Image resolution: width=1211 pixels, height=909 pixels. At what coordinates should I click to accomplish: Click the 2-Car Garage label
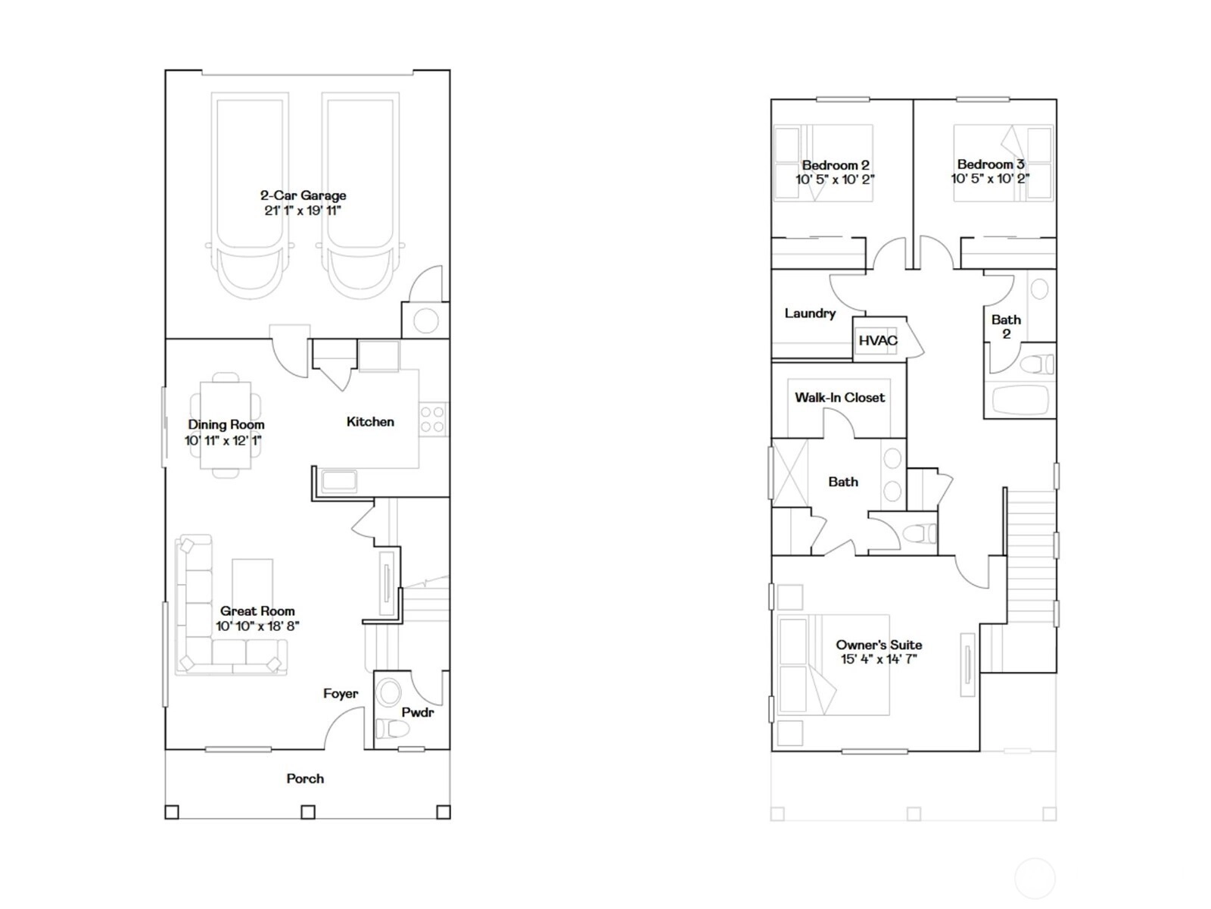303,195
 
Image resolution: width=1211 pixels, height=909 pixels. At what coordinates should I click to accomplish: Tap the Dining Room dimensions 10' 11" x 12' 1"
223,440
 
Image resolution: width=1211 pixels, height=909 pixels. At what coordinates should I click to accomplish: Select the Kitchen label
370,422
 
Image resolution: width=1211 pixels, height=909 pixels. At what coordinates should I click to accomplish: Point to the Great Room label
257,611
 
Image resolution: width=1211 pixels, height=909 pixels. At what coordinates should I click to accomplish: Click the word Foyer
341,694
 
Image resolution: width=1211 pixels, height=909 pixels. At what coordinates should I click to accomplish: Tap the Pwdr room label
418,713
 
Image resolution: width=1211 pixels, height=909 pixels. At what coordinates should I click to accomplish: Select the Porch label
305,779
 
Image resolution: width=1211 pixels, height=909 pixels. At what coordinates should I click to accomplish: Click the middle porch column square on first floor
308,812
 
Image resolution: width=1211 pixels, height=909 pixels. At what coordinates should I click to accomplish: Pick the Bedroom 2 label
836,165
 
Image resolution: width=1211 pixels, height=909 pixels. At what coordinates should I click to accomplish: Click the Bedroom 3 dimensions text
990,178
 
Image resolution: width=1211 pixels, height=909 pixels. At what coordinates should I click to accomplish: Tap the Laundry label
810,314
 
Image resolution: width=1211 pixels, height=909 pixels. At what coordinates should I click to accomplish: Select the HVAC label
878,341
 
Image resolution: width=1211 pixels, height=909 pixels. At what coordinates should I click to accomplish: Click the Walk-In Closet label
839,398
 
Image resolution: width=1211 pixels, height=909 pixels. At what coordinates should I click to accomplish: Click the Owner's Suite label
879,645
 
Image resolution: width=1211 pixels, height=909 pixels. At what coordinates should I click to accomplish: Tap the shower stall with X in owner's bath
790,473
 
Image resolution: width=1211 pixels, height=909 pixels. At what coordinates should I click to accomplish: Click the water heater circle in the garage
426,320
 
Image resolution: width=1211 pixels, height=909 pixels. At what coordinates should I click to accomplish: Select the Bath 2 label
1007,326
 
